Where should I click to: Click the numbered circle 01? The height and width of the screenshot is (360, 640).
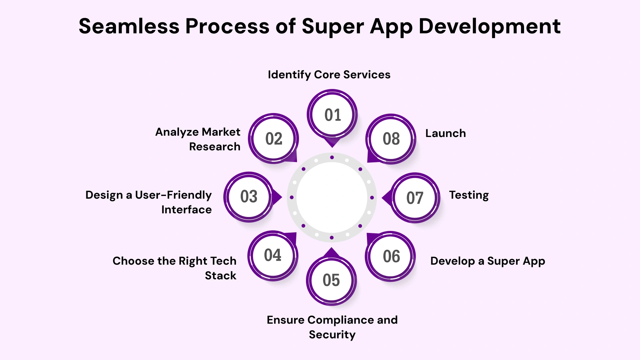pyautogui.click(x=332, y=115)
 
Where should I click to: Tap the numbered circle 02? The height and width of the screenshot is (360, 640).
pyautogui.click(x=274, y=139)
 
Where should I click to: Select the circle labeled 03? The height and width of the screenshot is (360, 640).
pyautogui.click(x=249, y=197)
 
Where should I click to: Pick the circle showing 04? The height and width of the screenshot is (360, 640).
pyautogui.click(x=273, y=255)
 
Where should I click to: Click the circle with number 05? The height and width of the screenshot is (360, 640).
pyautogui.click(x=331, y=280)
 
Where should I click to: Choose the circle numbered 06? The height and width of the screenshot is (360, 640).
pyautogui.click(x=391, y=256)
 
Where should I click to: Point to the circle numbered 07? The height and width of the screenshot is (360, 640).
pyautogui.click(x=415, y=198)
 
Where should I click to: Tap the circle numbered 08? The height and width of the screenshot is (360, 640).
pyautogui.click(x=391, y=139)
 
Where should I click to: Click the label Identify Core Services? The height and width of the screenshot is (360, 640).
pyautogui.click(x=329, y=75)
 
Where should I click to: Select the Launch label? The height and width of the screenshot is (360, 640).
pyautogui.click(x=446, y=133)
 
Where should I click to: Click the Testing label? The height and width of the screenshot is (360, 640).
pyautogui.click(x=469, y=195)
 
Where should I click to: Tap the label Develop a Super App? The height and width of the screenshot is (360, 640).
pyautogui.click(x=488, y=261)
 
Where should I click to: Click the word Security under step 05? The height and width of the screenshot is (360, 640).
pyautogui.click(x=332, y=335)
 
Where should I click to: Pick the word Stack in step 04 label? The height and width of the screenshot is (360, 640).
pyautogui.click(x=220, y=276)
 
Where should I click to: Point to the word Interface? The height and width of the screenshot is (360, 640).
pyautogui.click(x=186, y=210)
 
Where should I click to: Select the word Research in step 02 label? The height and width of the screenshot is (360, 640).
pyautogui.click(x=215, y=147)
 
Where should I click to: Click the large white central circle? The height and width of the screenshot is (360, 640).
pyautogui.click(x=332, y=197)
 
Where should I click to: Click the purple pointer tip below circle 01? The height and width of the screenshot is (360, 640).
pyautogui.click(x=332, y=143)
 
